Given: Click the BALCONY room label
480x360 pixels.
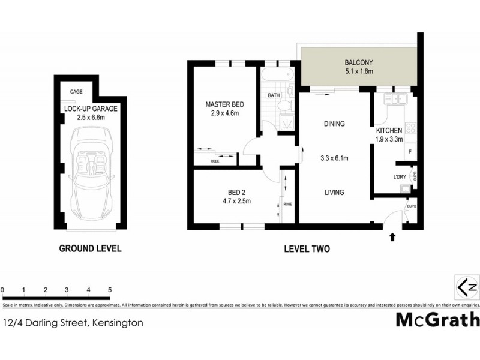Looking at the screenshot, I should pos(359,62).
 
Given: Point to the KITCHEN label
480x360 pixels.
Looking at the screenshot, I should pos(388,130).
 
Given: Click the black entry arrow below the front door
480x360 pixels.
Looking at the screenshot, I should pos(392,238).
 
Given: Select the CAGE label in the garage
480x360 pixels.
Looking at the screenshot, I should pos(76,92).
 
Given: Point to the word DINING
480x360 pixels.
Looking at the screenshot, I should pos(334,124).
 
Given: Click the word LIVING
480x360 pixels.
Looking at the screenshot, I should pos(334,193).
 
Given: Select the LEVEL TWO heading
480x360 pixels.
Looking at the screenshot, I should pos(307,248).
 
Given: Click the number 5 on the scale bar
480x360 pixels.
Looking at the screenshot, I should pos(110,290).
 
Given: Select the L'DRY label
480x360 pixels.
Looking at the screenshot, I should pos(399,176).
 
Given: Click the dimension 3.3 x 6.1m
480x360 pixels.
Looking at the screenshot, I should pos(334,159).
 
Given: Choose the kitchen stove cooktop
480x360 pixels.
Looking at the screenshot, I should pos(411,128).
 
